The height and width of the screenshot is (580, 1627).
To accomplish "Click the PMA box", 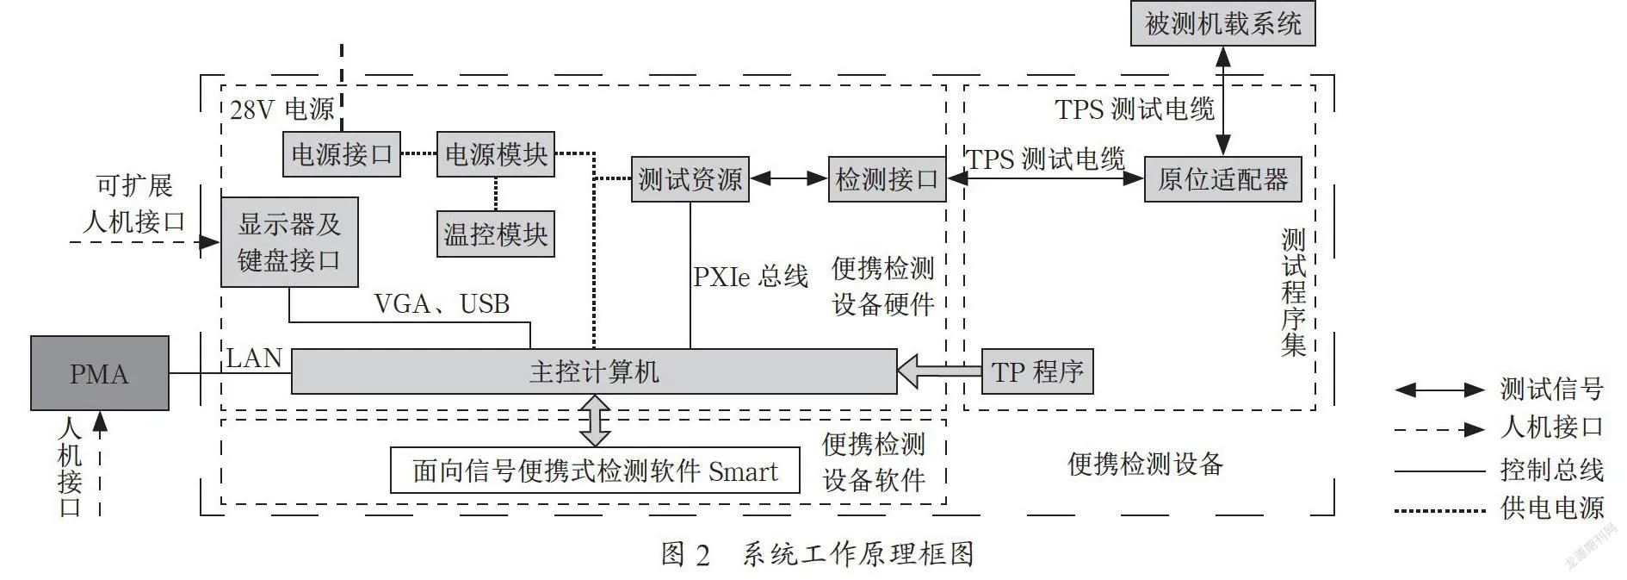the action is point(100,373).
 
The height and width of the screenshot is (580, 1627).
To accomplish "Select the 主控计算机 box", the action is point(594,371).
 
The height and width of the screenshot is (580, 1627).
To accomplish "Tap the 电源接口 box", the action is point(342,154).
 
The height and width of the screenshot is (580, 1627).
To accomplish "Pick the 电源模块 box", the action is point(496,154).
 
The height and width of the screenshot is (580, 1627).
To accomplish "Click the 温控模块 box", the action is point(496,234).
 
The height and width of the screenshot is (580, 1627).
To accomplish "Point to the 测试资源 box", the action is point(690,179).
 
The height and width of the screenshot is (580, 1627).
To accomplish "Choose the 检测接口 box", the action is point(888,179).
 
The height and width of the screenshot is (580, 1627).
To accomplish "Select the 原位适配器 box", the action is point(1222,179).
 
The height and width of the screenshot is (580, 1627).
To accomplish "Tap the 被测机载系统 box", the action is point(1222,23).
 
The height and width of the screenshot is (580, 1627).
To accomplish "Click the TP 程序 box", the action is point(1037,371).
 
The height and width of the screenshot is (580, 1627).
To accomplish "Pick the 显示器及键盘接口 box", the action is point(289,242).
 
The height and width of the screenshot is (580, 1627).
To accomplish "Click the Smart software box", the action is point(595,471).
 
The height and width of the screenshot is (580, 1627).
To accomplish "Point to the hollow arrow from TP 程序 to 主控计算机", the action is point(939,371).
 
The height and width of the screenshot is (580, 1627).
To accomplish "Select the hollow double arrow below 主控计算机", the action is point(595,421).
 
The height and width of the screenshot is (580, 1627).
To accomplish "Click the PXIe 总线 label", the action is point(751,276).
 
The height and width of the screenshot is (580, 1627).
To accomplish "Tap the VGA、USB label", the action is point(442,303).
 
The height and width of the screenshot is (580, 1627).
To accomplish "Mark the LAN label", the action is point(254,358).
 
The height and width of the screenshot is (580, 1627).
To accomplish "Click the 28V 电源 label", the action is point(282,109).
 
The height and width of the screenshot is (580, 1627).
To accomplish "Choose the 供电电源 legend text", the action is point(1552,508).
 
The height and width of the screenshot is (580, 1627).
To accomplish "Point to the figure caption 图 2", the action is point(686,554).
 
